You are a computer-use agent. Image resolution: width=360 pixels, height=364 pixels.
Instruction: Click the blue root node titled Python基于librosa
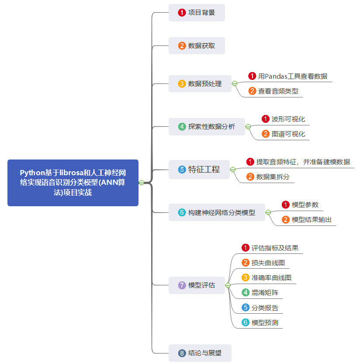click(x=73, y=183)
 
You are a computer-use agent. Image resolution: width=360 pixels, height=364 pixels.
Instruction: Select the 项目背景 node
click(x=197, y=13)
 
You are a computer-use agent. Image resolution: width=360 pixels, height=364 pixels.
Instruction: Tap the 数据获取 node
click(x=197, y=46)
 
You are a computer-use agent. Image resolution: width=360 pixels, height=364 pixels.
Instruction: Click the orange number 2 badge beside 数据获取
click(x=182, y=46)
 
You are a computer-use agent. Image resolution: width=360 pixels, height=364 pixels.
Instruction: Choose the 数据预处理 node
click(x=200, y=83)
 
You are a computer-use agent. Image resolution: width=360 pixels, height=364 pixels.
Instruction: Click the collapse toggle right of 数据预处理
click(x=235, y=83)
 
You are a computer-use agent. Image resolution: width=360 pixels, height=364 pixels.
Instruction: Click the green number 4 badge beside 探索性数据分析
click(x=182, y=127)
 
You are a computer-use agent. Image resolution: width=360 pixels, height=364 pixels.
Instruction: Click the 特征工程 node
click(x=199, y=170)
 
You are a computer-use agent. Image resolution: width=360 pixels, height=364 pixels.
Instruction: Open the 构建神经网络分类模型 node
click(x=217, y=212)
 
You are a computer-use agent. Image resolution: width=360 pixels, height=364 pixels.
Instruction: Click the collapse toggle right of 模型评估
click(x=228, y=285)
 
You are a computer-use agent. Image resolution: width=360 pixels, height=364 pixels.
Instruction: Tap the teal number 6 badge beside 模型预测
click(x=246, y=322)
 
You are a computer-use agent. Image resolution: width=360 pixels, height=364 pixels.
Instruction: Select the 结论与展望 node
click(x=200, y=353)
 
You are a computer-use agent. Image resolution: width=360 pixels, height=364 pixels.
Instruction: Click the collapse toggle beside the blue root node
click(x=142, y=183)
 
